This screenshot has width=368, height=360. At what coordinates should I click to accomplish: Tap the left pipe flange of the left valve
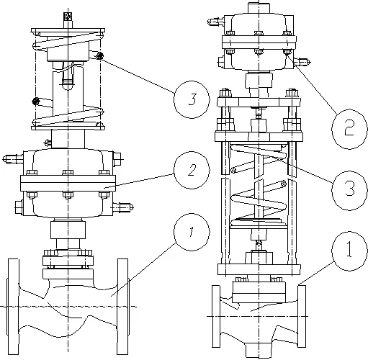(x=13, y=307)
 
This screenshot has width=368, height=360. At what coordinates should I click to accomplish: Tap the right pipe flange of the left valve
(x=122, y=307)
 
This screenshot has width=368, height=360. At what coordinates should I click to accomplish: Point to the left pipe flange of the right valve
(x=216, y=316)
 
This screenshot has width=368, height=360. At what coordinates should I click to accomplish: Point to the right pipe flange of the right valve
(x=302, y=316)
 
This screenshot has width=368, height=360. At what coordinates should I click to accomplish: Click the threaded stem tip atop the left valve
(x=68, y=17)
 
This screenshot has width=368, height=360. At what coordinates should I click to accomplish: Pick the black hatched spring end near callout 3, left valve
(x=99, y=56)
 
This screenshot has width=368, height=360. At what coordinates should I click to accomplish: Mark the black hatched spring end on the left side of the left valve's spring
(x=36, y=101)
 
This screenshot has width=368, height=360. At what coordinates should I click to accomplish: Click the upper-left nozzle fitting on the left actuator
(x=13, y=158)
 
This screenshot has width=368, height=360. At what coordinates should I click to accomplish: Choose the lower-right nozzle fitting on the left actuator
(x=123, y=207)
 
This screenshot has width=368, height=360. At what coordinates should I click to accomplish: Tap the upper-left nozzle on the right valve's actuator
(x=215, y=22)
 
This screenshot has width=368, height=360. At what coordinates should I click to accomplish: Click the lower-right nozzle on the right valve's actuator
(x=302, y=62)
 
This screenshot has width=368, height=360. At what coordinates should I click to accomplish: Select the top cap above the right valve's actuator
(x=259, y=8)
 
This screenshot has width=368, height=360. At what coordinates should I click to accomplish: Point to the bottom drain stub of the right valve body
(x=259, y=350)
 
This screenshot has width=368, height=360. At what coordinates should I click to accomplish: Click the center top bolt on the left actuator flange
(x=68, y=172)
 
